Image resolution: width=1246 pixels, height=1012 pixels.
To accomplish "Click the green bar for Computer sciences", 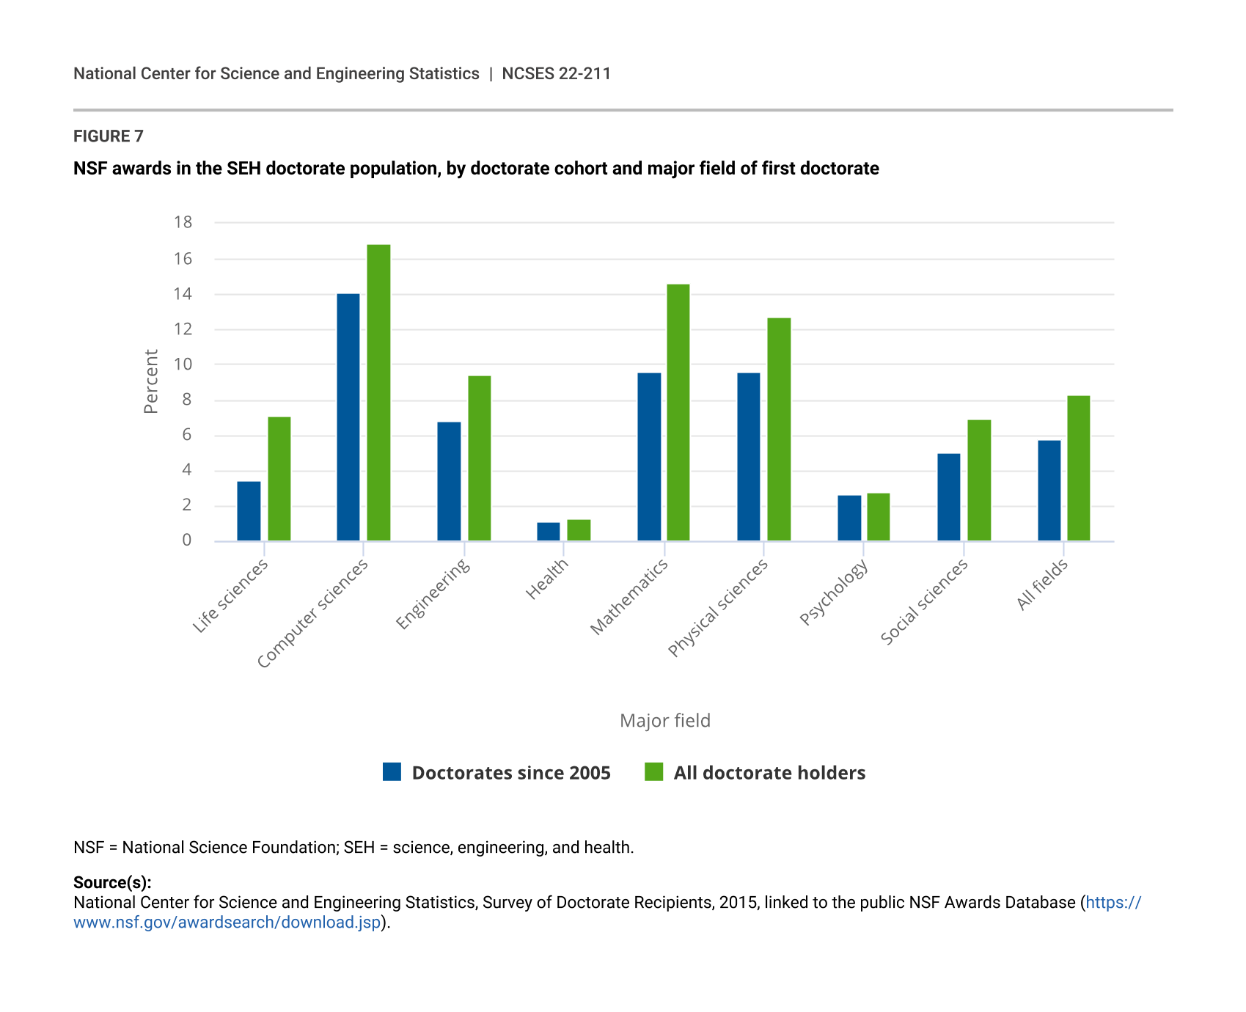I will [x=378, y=393].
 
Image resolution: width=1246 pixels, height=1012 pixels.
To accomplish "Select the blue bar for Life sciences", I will [x=249, y=511].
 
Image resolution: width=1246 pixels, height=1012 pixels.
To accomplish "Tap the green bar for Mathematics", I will [x=678, y=413].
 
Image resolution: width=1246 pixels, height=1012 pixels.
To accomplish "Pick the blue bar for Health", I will [x=549, y=532].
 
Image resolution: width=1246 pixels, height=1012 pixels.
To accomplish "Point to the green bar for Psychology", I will [x=879, y=517].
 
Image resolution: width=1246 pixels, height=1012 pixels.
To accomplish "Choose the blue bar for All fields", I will [x=1049, y=491].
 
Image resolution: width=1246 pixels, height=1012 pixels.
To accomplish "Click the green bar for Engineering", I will [x=480, y=458].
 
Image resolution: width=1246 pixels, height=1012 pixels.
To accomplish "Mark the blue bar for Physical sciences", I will [x=749, y=457].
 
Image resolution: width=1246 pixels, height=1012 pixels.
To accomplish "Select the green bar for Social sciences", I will [x=979, y=480].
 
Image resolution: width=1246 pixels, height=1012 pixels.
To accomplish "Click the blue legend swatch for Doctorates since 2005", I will [x=392, y=772].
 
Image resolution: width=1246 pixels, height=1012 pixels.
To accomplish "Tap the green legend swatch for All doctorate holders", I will [x=654, y=772].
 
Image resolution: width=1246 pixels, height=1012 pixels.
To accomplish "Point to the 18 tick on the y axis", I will [x=183, y=222].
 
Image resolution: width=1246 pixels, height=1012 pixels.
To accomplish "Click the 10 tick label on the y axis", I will [x=183, y=364].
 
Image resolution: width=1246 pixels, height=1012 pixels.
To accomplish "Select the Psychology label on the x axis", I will [x=834, y=592].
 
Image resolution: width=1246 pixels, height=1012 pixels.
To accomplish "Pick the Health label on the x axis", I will [x=547, y=579].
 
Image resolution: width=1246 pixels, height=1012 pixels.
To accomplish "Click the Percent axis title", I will [x=151, y=381].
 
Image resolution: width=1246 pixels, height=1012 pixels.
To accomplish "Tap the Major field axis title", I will [x=665, y=721].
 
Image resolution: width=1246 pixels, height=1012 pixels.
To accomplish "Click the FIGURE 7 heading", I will [x=109, y=136].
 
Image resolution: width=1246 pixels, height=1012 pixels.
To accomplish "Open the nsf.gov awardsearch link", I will [x=227, y=923].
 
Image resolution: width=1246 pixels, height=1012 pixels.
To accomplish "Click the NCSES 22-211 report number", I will [x=556, y=74].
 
